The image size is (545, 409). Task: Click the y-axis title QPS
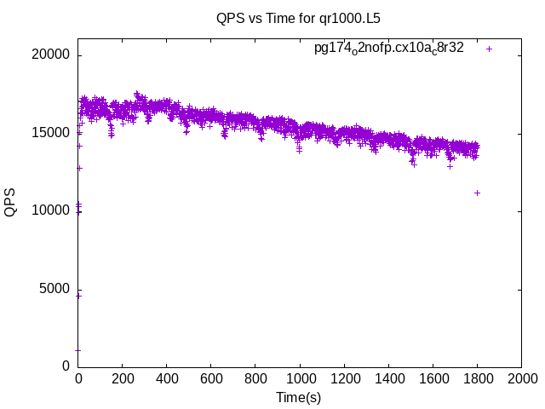tap(10, 202)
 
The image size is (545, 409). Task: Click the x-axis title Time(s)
tap(299, 397)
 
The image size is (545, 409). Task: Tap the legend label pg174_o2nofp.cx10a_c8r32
tap(389, 48)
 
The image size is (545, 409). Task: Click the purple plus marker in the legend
tap(490, 49)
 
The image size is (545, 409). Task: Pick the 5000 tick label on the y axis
tap(55, 288)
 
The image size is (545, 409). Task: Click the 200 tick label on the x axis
tap(123, 379)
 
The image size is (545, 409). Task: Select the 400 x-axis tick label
tap(167, 379)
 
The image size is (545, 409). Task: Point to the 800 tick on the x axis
tap(255, 379)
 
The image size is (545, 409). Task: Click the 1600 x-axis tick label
tap(433, 379)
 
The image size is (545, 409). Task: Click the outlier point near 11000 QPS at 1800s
tap(477, 193)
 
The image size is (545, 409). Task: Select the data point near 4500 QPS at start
tap(78, 296)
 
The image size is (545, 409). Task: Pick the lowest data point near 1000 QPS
tap(78, 349)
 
